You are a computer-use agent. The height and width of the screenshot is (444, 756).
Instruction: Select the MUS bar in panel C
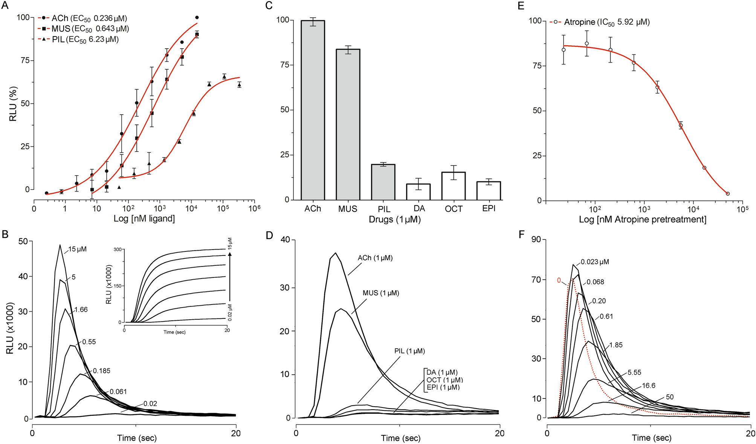click(x=348, y=124)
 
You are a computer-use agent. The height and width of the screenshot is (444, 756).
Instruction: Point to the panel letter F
click(x=522, y=234)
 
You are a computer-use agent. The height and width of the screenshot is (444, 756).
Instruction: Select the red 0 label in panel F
click(x=559, y=280)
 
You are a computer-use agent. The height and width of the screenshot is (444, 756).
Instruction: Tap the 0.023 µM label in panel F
click(x=595, y=262)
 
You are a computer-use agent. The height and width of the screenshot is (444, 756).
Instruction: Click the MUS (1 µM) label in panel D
click(x=381, y=293)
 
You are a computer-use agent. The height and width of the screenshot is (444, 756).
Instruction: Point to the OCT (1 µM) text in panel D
click(x=444, y=380)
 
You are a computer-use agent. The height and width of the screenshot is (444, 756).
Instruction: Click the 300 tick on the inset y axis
click(x=118, y=250)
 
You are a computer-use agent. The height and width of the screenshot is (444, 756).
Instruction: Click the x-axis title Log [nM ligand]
click(x=144, y=219)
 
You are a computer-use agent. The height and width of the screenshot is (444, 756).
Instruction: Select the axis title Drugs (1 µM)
click(x=394, y=219)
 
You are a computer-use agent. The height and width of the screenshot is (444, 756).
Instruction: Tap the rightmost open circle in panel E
click(x=727, y=194)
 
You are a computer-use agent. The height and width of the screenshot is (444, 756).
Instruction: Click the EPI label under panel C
click(x=489, y=209)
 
